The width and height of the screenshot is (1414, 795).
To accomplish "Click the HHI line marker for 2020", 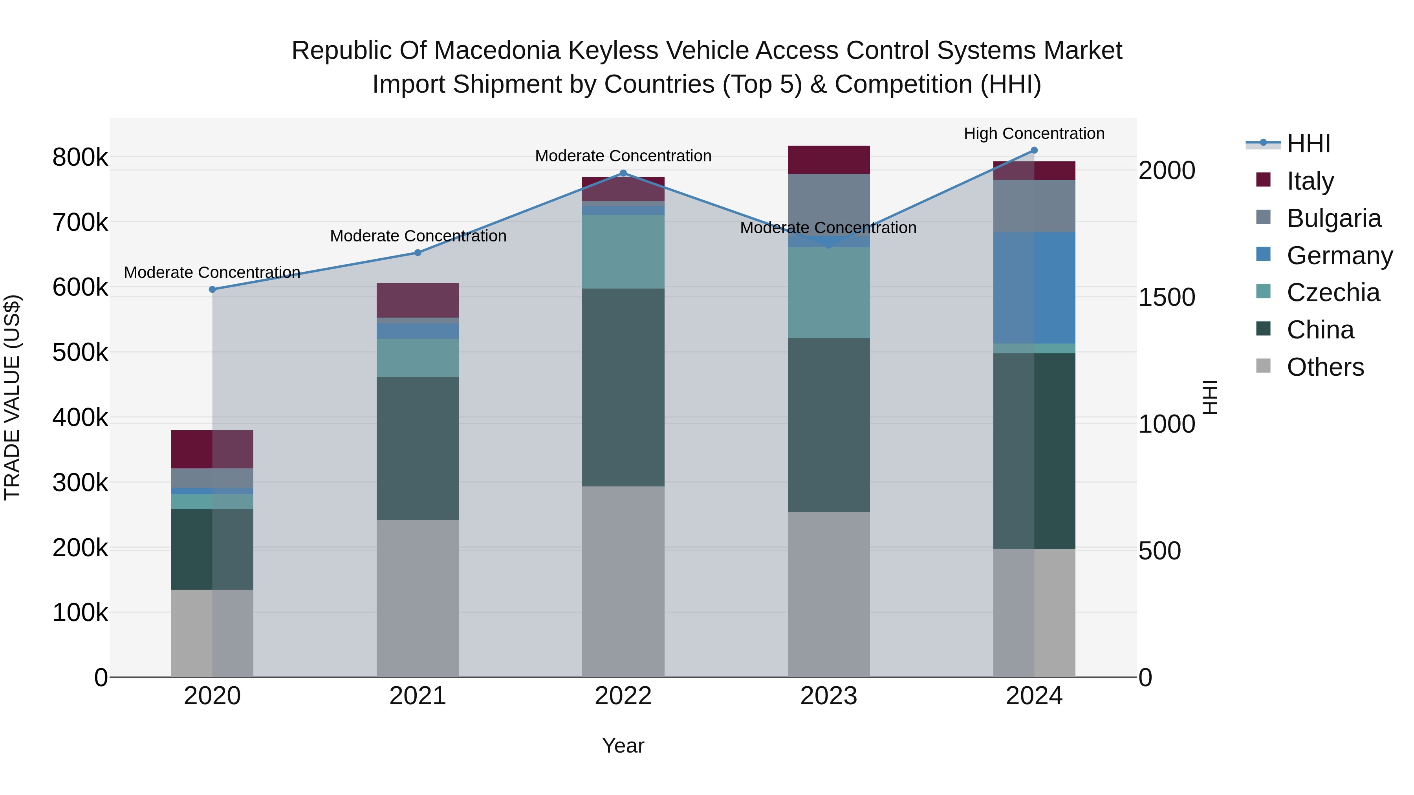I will (212, 289).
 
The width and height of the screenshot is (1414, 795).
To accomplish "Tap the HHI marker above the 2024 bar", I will (1034, 150).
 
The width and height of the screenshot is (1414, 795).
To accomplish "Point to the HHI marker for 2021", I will (418, 253).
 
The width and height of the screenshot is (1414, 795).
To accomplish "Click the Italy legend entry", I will (1310, 181).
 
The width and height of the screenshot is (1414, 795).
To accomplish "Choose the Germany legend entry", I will (1339, 256).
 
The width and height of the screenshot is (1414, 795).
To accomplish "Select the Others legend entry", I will (1325, 367).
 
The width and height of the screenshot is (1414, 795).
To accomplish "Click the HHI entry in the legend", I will (1309, 144).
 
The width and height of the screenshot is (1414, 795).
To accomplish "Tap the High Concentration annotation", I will (1034, 133).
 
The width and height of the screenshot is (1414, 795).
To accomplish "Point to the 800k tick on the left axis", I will (80, 157).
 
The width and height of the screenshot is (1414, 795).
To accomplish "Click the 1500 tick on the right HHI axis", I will (1167, 297).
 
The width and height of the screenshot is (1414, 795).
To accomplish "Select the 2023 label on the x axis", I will (828, 696).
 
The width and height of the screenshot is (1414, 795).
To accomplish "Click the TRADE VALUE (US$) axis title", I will (12, 397).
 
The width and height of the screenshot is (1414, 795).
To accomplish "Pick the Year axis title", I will (623, 746).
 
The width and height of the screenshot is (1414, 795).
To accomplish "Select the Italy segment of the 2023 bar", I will (828, 160).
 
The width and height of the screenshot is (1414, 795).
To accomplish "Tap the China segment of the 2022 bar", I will (623, 387).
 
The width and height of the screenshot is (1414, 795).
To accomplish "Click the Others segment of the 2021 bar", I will (418, 598).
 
